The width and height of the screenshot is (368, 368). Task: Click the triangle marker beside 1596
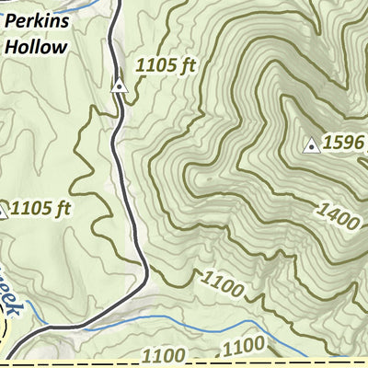point(312,145)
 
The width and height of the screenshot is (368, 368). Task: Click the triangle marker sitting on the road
point(119,86)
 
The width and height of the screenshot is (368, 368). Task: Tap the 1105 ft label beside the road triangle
point(167,66)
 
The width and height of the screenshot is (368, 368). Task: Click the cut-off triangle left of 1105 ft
point(2,212)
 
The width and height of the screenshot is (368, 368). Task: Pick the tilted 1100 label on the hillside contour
point(222,284)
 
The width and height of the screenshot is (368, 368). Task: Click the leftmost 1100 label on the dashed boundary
point(165,354)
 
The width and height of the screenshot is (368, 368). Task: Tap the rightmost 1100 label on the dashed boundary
point(244,347)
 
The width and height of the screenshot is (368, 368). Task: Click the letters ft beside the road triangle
point(189,66)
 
